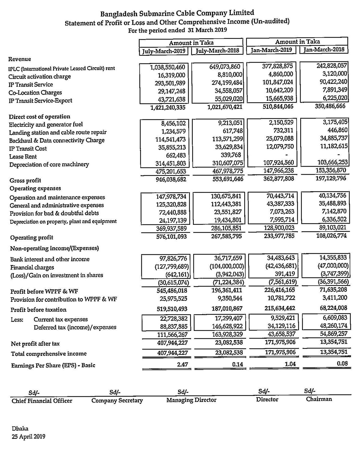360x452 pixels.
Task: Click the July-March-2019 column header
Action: (x=163, y=51)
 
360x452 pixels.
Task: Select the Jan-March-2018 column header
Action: (x=324, y=49)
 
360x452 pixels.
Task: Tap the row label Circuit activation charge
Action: (x=40, y=76)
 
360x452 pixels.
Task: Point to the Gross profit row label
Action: (x=25, y=180)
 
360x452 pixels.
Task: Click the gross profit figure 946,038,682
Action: (x=171, y=180)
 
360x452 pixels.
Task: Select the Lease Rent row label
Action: (x=23, y=156)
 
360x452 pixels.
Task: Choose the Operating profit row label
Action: (x=31, y=238)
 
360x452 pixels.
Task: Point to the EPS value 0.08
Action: (x=342, y=364)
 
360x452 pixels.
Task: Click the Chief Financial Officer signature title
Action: (x=42, y=401)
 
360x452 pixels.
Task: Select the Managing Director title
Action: (x=191, y=400)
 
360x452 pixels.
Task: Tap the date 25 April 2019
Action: (x=28, y=437)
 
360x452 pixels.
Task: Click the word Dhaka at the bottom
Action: (x=20, y=429)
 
